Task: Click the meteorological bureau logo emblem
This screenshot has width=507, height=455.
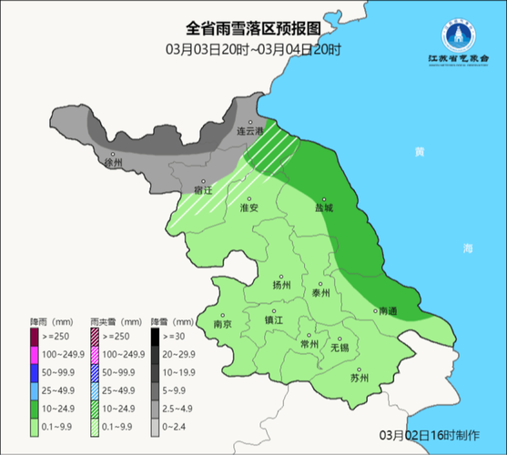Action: coord(454,35)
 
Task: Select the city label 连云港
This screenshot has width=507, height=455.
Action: coord(249,131)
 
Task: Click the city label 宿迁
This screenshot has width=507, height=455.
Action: coord(202,191)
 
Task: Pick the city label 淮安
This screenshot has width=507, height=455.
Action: coord(249,208)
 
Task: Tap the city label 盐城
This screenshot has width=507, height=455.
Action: coord(325,207)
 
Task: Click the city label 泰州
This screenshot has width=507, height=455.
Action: coord(320,293)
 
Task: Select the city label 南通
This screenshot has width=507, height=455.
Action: coord(387,311)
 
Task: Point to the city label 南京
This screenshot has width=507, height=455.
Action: coord(222,324)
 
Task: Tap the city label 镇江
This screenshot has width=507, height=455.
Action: coord(274,320)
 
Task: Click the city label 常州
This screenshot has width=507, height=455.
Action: coord(309,344)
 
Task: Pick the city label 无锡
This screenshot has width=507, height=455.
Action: coord(339,347)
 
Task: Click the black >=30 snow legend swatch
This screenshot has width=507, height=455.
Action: coord(156,337)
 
